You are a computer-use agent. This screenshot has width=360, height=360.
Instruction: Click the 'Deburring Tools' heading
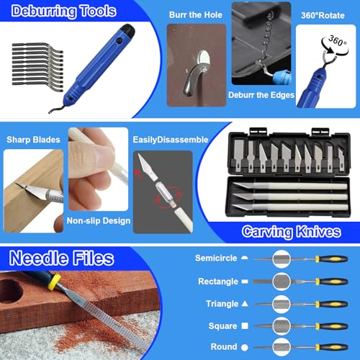(x=64, y=11)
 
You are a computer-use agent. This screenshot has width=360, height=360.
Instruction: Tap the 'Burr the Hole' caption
(x=196, y=15)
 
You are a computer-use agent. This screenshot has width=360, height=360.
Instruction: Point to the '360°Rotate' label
(x=323, y=16)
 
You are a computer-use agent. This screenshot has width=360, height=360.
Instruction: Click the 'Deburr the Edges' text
(x=261, y=95)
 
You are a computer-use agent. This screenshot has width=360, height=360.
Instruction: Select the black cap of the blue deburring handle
(x=127, y=31)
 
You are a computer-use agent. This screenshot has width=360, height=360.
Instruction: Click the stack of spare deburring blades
(x=37, y=67)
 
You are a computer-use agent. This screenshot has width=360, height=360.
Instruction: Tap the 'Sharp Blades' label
(x=33, y=140)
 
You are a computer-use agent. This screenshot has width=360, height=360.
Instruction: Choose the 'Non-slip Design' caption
(x=99, y=221)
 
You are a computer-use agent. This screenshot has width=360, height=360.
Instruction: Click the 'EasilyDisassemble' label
(x=171, y=140)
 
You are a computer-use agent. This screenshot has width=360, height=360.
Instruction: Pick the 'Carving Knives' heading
(x=292, y=232)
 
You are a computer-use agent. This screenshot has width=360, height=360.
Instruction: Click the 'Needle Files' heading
(x=61, y=258)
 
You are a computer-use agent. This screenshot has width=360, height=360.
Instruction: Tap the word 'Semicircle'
(x=216, y=258)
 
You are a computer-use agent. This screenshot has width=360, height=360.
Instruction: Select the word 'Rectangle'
(x=218, y=282)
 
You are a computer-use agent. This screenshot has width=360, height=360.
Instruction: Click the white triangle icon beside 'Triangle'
(x=245, y=304)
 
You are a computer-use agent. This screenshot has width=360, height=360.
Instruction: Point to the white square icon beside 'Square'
(x=245, y=326)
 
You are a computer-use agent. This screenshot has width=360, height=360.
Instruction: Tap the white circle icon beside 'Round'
(x=245, y=347)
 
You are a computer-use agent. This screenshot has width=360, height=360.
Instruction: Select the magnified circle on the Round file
(x=282, y=347)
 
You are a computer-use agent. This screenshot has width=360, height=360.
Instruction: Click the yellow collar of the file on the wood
(x=54, y=282)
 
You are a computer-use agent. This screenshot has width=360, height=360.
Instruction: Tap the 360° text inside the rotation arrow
(x=338, y=41)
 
